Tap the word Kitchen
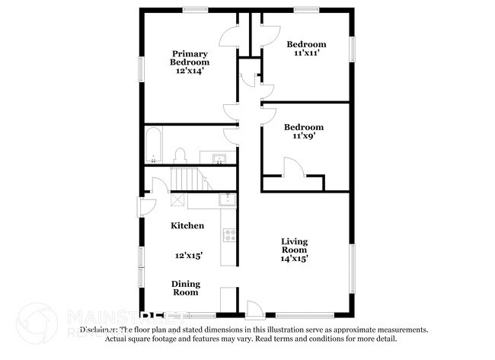[187, 225]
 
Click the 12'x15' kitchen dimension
[188, 256]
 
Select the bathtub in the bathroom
[153, 146]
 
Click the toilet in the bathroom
[180, 156]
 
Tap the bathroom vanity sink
[219, 158]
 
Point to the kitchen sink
[226, 200]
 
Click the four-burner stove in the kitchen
[228, 235]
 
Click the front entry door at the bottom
[255, 310]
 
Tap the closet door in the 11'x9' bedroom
[292, 168]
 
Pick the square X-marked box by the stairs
[177, 199]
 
